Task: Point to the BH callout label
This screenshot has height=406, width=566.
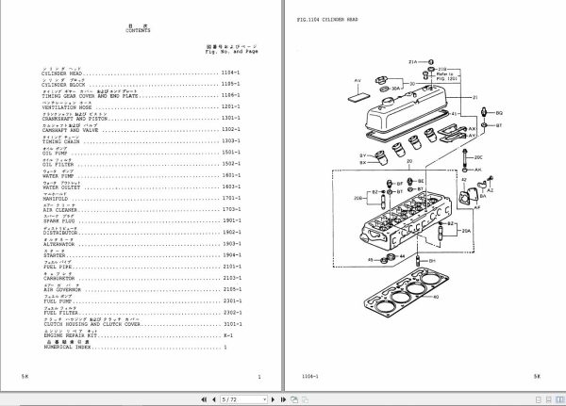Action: (431, 260)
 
